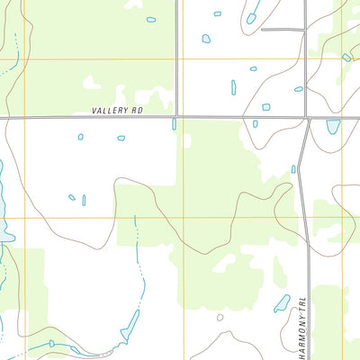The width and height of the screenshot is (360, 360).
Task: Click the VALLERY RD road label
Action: (x=117, y=112)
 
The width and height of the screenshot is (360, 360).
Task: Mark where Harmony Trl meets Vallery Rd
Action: (x=308, y=118)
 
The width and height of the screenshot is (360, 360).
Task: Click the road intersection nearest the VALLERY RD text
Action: (x=177, y=116)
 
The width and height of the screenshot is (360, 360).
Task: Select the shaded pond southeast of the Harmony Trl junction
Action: (x=333, y=126)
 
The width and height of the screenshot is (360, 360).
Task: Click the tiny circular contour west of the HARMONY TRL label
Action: (x=220, y=317)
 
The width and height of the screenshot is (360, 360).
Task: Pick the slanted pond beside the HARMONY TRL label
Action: (x=282, y=303)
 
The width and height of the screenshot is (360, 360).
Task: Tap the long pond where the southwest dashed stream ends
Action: (x=130, y=322)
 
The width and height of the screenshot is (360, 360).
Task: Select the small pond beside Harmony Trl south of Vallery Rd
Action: (x=293, y=168)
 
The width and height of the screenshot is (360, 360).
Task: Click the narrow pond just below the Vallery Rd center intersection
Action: (x=174, y=124)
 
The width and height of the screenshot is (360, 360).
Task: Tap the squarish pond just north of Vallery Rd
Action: (x=265, y=106)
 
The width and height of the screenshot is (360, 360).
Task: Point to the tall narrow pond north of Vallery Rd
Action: (x=233, y=87)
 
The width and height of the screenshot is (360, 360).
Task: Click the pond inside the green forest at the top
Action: (x=150, y=19)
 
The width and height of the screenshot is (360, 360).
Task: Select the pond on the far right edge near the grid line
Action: (x=346, y=58)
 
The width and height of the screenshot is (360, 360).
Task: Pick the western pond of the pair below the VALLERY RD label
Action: (x=80, y=137)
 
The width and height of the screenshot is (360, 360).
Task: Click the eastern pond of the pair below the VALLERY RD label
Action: (x=121, y=138)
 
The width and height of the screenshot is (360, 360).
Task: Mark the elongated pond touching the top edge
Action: (x=254, y=12)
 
